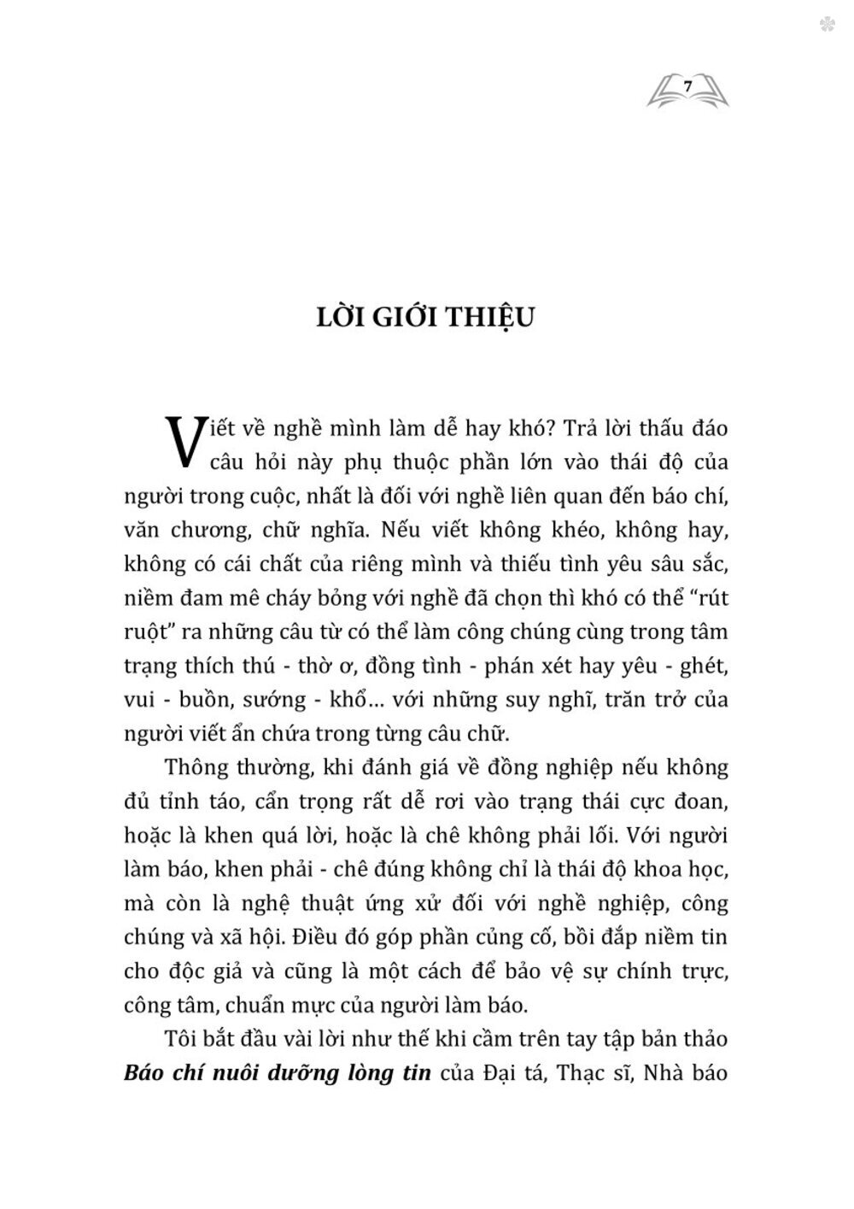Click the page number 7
[x=688, y=84]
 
